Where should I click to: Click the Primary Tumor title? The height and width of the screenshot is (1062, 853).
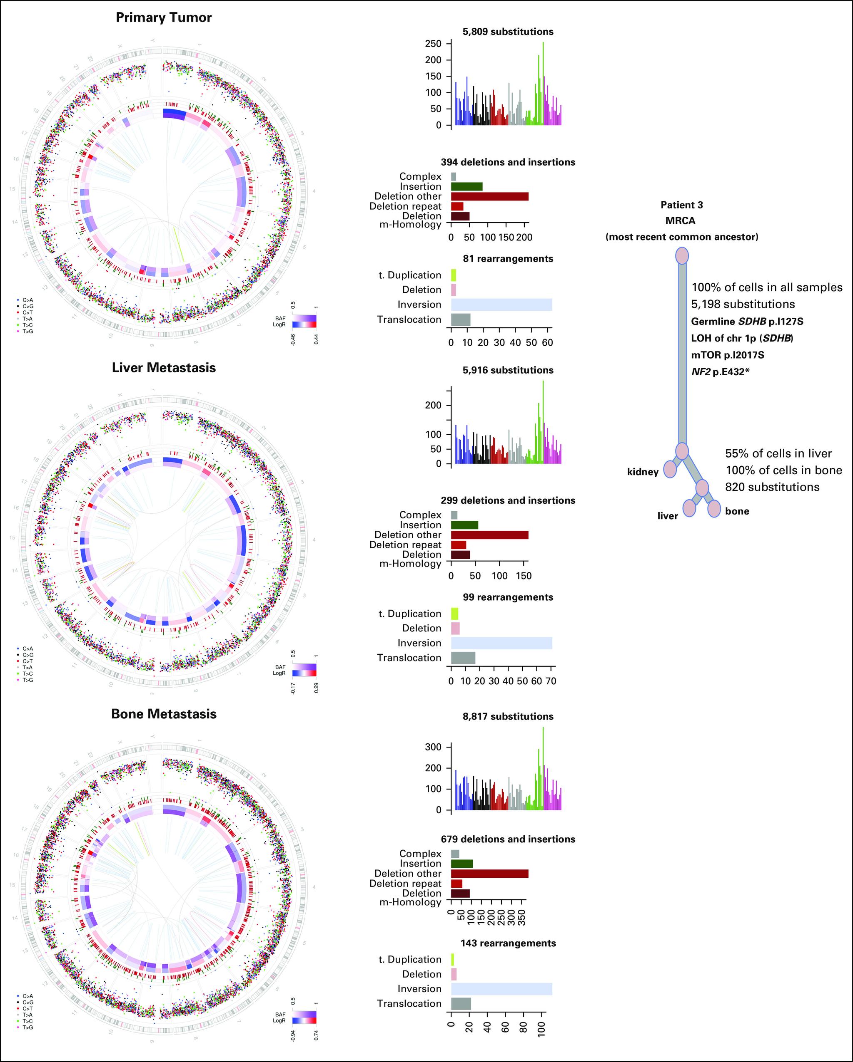tap(163, 18)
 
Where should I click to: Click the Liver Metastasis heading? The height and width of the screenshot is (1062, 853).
tap(163, 368)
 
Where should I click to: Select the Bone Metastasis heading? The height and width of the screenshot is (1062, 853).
tap(163, 714)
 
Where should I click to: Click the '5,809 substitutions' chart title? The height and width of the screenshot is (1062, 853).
tap(508, 32)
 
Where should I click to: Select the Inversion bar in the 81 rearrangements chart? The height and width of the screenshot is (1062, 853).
tap(501, 304)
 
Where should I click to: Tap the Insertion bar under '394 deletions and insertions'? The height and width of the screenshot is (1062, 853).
tap(466, 186)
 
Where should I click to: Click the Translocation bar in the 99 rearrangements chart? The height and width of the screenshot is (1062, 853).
tap(463, 658)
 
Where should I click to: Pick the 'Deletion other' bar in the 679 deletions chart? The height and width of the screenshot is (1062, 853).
tap(489, 873)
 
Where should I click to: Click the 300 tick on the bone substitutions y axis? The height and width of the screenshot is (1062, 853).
tap(434, 747)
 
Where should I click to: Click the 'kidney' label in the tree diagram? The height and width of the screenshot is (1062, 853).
tap(643, 472)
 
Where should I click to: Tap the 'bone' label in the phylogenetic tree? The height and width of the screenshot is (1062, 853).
tap(737, 511)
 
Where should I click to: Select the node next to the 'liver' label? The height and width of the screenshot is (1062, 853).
tap(690, 508)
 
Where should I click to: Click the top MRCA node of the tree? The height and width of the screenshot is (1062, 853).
tap(681, 256)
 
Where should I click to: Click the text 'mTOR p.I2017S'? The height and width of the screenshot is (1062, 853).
tap(727, 355)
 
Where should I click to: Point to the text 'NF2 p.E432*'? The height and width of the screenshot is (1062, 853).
tap(723, 371)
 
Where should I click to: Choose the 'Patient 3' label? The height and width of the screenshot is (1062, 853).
tap(681, 205)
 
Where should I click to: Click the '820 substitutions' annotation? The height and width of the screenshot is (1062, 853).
tap(772, 487)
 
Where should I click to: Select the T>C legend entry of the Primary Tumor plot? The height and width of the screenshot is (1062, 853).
tap(27, 325)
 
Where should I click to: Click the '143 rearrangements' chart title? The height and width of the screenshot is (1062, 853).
tap(508, 943)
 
